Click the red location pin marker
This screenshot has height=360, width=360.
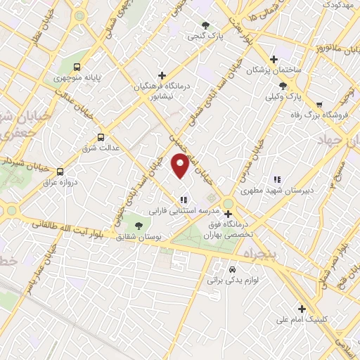(180, 166)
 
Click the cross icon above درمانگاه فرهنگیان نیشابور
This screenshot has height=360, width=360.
(162, 75)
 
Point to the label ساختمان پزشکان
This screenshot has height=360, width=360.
(273, 71)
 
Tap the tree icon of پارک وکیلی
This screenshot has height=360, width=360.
(283, 86)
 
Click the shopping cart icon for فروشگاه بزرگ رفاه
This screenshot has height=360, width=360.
(319, 103)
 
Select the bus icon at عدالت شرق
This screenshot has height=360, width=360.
(101, 137)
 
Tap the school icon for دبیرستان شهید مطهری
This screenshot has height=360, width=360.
(277, 179)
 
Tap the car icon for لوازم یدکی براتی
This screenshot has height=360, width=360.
(233, 269)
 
